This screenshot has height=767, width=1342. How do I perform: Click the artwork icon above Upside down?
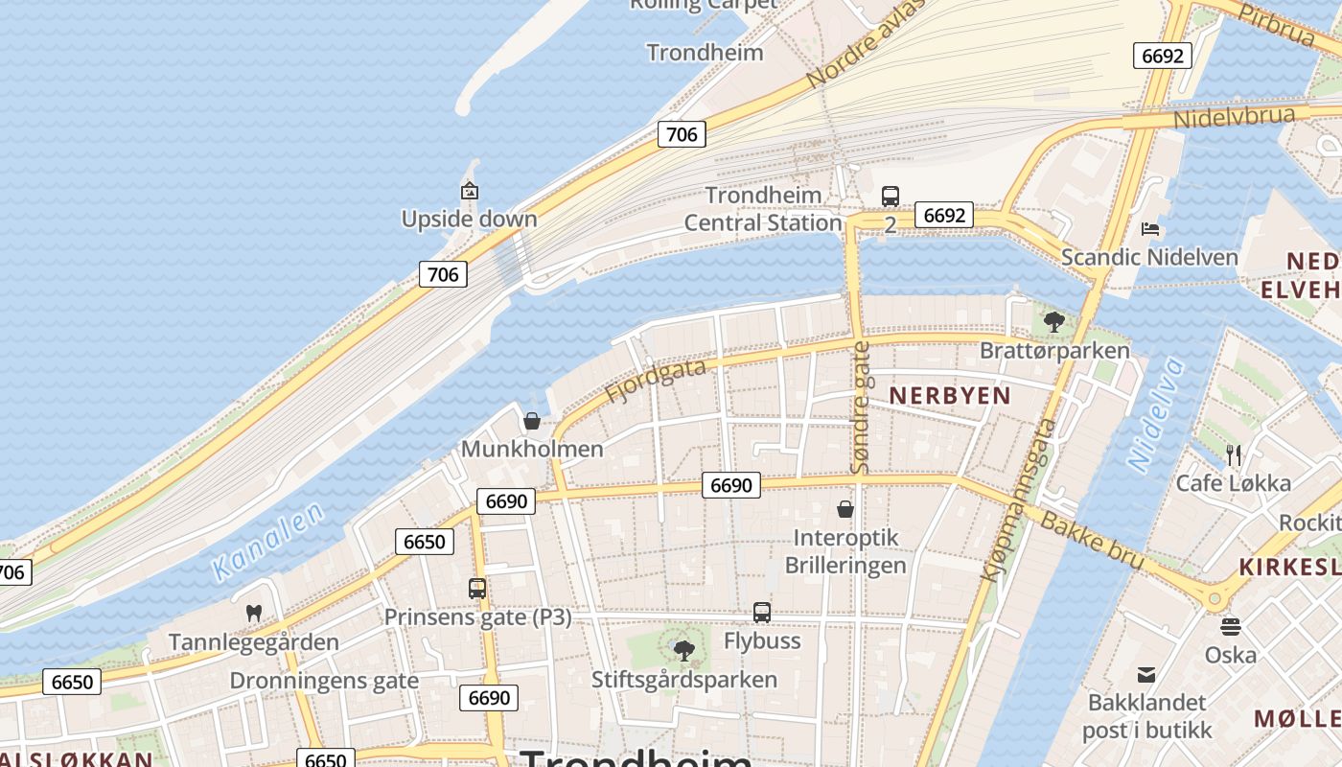click(x=470, y=191)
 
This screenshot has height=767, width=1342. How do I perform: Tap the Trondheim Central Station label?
click(x=763, y=209)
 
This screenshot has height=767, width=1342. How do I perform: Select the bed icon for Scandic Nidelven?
click(x=1150, y=228)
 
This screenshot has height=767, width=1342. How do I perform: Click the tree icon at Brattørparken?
click(x=1054, y=321)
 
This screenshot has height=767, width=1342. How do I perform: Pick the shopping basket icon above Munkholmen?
click(x=532, y=421)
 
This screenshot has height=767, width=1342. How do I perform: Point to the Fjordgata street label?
click(x=656, y=381)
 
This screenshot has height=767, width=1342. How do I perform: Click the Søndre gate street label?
click(x=861, y=407)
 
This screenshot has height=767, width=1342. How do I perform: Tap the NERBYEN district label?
click(x=949, y=395)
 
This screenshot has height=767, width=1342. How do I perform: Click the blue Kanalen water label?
click(x=268, y=543)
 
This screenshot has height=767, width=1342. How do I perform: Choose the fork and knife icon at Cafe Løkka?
click(x=1233, y=454)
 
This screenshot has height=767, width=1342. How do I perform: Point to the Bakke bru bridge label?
click(x=1092, y=540)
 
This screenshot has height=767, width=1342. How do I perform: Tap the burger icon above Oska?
click(x=1231, y=627)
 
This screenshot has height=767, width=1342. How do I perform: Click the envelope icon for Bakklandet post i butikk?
click(x=1146, y=674)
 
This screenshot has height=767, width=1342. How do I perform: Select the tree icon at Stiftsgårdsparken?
click(x=683, y=651)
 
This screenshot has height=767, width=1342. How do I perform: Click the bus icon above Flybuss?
click(x=762, y=612)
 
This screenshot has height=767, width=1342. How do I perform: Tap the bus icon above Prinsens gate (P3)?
click(x=477, y=588)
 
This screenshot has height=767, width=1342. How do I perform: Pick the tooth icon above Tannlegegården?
click(x=254, y=613)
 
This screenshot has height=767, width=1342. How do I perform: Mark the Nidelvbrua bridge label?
click(x=1235, y=117)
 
